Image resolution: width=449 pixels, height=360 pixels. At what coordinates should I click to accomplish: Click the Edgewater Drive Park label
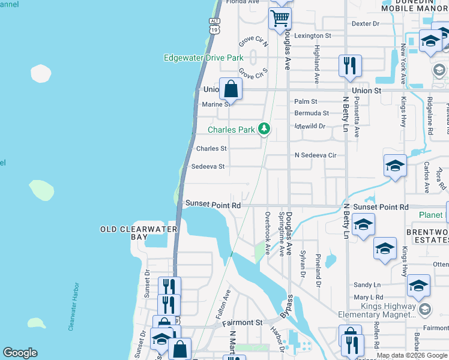[203, 58]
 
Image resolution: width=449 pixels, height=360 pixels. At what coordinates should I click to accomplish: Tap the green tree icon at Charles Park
[264, 128]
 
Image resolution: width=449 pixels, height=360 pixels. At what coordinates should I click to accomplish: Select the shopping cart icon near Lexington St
[280, 19]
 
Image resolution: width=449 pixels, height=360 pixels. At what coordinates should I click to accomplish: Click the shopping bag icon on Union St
[231, 89]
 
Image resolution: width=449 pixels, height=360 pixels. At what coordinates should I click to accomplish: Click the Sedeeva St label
[207, 166]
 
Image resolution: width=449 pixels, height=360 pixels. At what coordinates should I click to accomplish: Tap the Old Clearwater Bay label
[139, 233]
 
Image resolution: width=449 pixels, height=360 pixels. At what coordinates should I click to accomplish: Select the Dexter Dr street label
[366, 23]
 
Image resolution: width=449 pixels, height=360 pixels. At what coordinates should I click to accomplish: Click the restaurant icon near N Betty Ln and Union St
[350, 65]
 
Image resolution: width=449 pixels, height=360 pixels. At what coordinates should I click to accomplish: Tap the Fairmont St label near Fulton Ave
[243, 322]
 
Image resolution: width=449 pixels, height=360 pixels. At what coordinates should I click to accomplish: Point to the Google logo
[20, 353]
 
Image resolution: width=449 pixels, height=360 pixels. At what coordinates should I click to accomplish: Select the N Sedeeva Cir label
[315, 155]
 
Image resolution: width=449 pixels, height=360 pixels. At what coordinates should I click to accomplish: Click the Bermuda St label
[312, 113]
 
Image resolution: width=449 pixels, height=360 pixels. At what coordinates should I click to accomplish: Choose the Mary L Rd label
[369, 297]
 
